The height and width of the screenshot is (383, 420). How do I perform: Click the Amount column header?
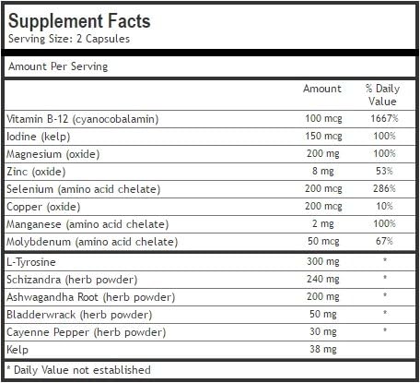coord(322,89)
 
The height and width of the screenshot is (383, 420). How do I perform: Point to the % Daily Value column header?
coord(380,95)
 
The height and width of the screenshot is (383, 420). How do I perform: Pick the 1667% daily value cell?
coord(381,118)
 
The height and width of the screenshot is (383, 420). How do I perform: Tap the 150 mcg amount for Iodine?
coord(322,136)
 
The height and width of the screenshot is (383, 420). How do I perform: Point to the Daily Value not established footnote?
coord(79,370)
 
